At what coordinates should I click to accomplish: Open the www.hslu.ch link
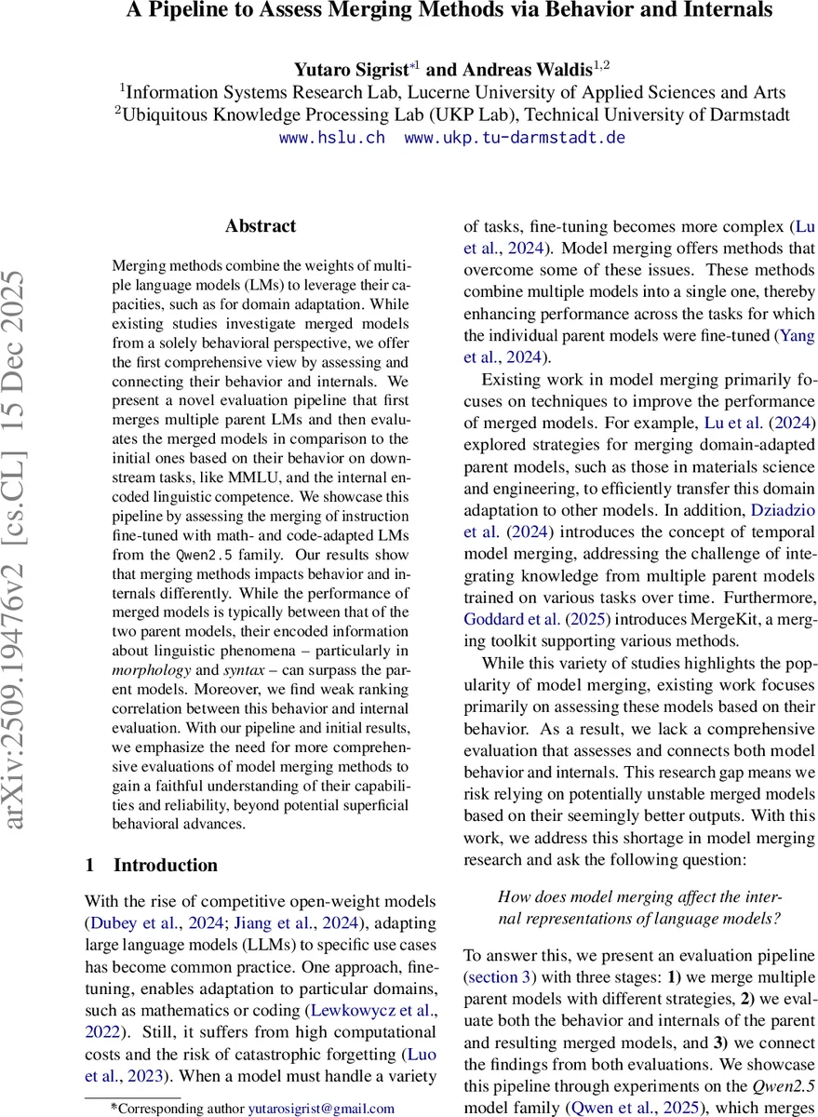click(331, 138)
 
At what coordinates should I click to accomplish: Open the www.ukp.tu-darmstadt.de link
click(515, 138)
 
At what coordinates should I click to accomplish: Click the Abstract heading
click(261, 226)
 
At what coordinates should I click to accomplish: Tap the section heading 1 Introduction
click(151, 865)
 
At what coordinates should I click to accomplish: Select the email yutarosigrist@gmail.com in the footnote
click(321, 1109)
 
